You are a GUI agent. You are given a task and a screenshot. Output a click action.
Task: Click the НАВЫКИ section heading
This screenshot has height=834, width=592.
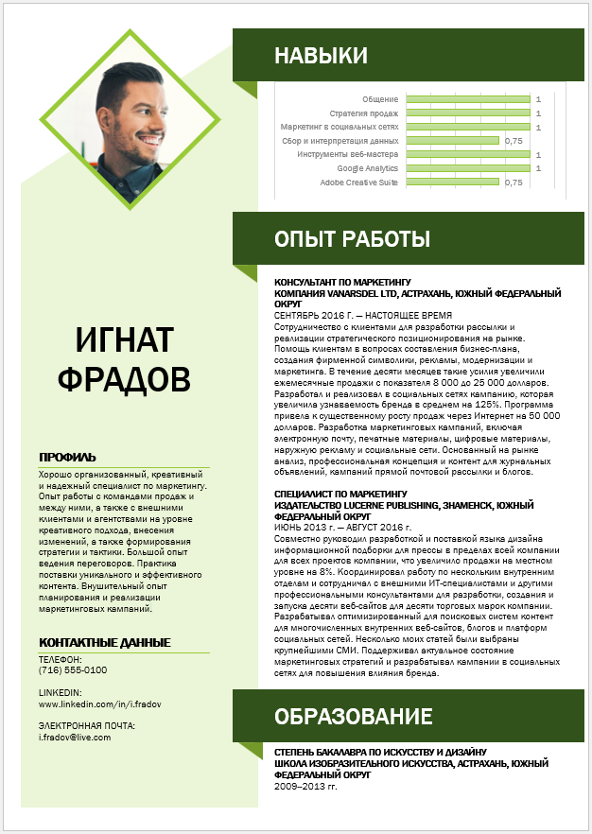[x=307, y=57]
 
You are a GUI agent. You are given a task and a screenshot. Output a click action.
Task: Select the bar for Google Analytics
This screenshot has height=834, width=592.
[x=467, y=167]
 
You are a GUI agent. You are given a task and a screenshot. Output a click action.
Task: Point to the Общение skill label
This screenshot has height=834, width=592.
[x=380, y=99]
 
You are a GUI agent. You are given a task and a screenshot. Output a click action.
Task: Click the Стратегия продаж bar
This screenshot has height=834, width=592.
[x=467, y=113]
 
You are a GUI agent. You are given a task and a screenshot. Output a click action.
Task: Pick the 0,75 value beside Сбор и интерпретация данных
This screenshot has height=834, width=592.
[x=514, y=141]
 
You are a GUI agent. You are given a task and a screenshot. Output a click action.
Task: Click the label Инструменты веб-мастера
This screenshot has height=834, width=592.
[x=347, y=154]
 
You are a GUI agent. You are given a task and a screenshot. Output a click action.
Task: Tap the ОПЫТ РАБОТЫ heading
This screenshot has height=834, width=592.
[x=352, y=238]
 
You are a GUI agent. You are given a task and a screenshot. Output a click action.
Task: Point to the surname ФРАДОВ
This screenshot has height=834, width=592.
[x=124, y=379]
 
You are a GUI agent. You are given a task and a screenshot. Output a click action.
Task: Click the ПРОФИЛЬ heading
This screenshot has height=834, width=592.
[x=67, y=458]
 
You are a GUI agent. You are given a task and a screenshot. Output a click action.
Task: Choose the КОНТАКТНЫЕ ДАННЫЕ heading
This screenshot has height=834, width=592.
[x=104, y=643]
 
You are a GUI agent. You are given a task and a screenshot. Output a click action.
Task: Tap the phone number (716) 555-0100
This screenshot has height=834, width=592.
[x=73, y=670]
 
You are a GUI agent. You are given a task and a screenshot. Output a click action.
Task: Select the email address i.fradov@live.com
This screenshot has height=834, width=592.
[x=75, y=738]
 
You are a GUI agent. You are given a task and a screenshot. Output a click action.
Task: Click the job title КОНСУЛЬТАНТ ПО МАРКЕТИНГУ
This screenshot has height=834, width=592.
[x=342, y=283]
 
